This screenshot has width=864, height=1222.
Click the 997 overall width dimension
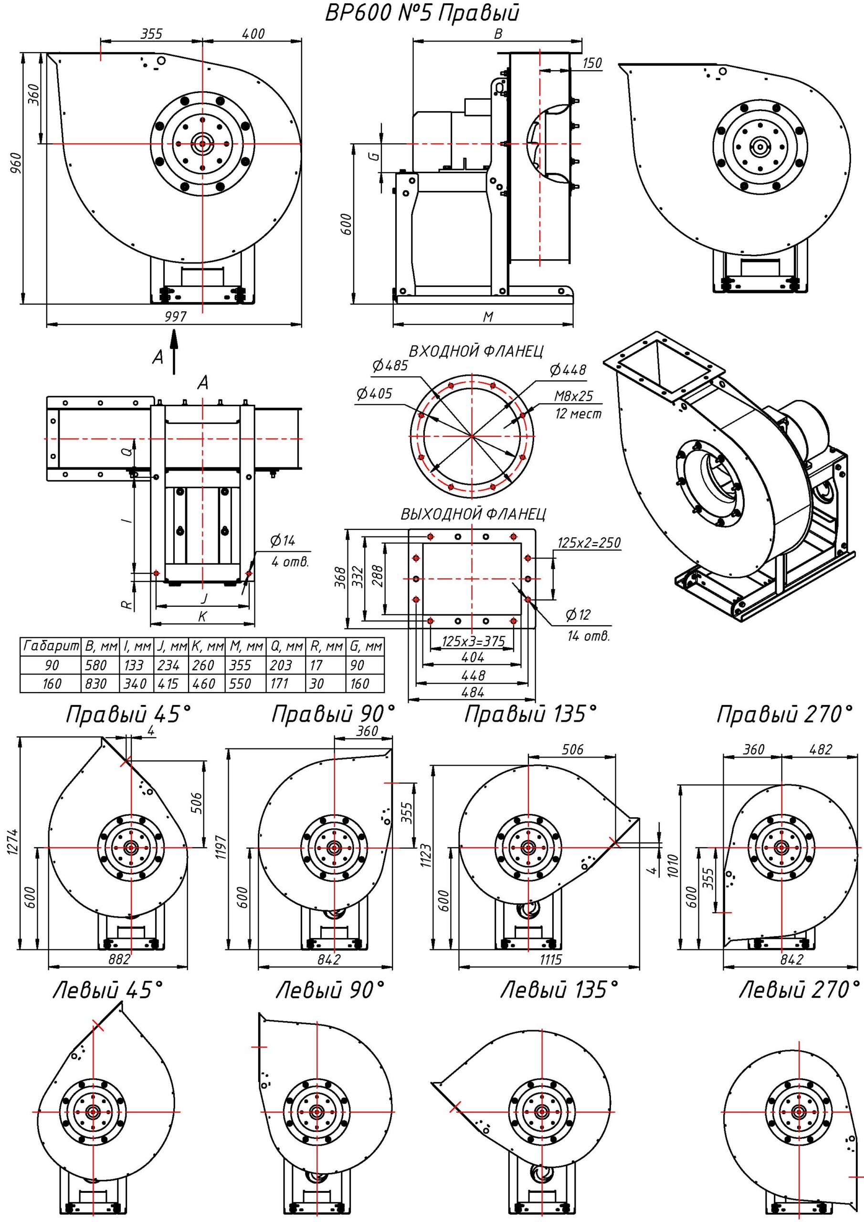click(x=176, y=317)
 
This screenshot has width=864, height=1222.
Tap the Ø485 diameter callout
click(x=390, y=366)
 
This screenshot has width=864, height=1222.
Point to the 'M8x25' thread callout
click(x=573, y=397)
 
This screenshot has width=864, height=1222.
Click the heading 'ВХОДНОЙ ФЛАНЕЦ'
click(x=476, y=351)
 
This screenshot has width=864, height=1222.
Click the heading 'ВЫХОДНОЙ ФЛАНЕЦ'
click(x=473, y=514)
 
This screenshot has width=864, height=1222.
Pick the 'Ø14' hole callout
click(x=282, y=541)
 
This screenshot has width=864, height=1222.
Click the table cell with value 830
click(x=96, y=684)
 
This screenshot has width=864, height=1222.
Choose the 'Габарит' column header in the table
click(x=50, y=647)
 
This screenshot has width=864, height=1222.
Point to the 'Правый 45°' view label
click(x=128, y=715)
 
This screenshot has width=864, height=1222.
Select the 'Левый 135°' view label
click(x=559, y=990)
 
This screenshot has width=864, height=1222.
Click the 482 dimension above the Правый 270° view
click(x=820, y=749)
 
